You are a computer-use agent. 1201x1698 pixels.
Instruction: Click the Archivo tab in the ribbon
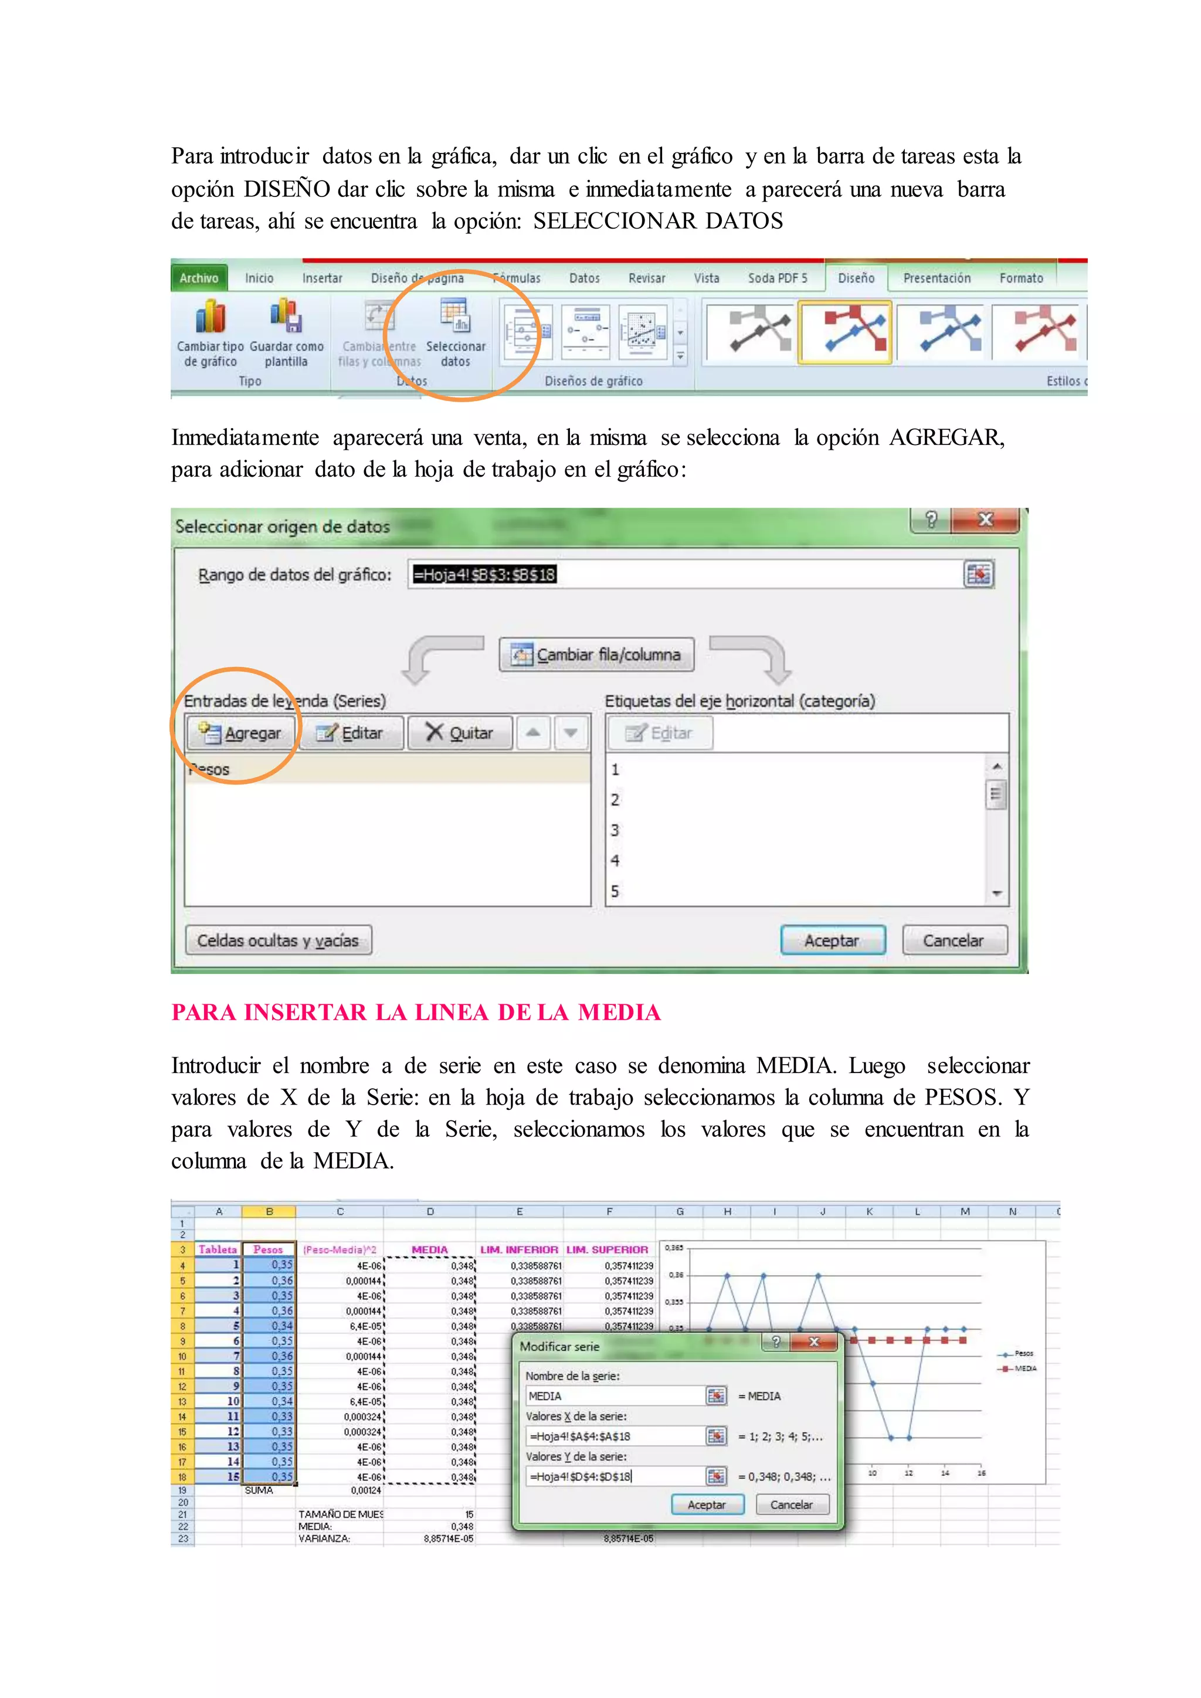click(x=199, y=278)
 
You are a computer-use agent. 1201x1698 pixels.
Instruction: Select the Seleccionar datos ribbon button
click(x=456, y=333)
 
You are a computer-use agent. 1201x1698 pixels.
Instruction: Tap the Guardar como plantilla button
click(x=286, y=333)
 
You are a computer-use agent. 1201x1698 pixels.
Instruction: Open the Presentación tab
click(x=937, y=278)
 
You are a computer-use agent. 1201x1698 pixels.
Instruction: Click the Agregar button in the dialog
click(x=241, y=733)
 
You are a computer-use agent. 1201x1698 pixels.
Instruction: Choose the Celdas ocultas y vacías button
click(x=278, y=940)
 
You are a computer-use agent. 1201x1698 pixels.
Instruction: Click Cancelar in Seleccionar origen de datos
click(x=954, y=940)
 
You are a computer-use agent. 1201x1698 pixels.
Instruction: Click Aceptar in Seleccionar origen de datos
click(x=832, y=940)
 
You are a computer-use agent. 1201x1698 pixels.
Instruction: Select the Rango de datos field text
click(x=484, y=575)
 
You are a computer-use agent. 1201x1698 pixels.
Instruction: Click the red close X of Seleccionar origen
click(x=985, y=520)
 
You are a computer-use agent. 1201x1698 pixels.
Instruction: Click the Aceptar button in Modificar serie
click(x=706, y=1505)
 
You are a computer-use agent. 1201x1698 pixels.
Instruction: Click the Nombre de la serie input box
click(x=616, y=1395)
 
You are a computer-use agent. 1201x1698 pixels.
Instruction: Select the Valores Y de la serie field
click(x=616, y=1476)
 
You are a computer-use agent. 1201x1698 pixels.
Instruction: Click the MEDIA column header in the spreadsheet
click(x=430, y=1250)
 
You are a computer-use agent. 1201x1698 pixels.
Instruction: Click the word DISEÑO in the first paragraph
click(x=287, y=189)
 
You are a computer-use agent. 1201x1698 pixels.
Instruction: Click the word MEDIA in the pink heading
click(x=619, y=1013)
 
